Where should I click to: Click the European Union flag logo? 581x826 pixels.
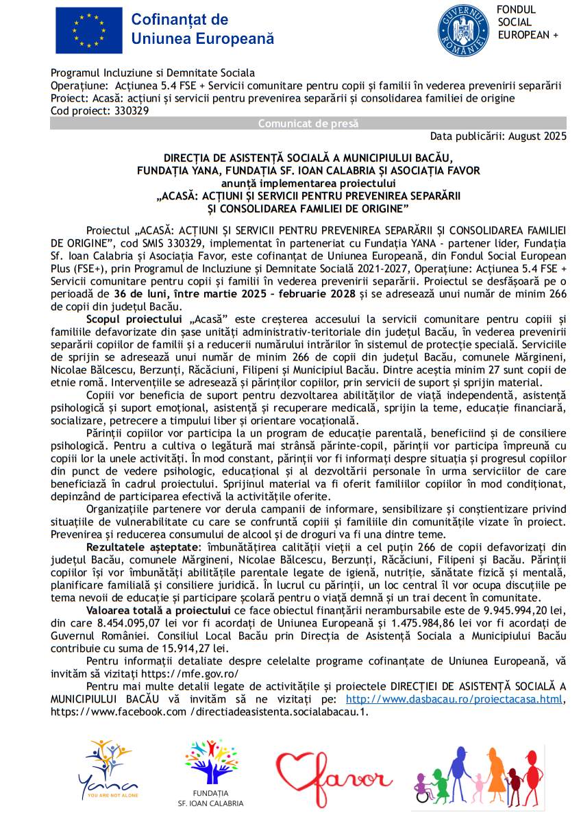point(89,30)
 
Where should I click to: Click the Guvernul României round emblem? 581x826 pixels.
point(463,29)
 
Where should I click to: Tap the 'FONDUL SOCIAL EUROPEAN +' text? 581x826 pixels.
point(527,23)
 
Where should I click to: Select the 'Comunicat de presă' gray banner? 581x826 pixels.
point(308,124)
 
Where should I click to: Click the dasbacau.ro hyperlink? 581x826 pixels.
point(455,699)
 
